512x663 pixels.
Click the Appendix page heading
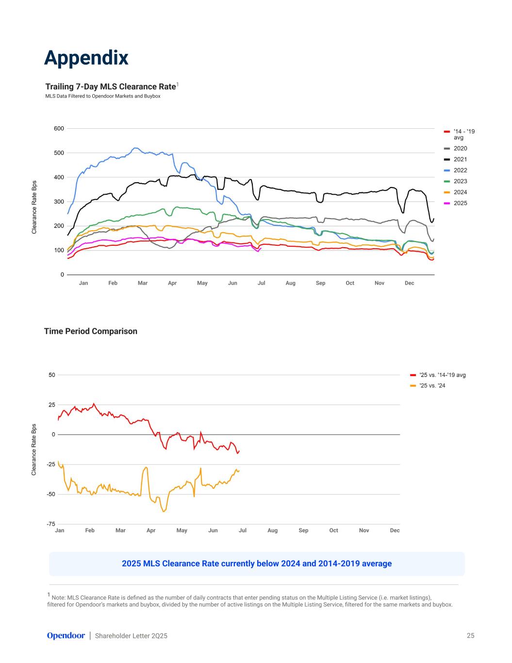[86, 58]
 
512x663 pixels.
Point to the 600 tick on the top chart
[59, 129]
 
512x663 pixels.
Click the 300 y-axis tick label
[59, 202]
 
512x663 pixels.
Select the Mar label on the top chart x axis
[143, 283]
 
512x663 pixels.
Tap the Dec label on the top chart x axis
[409, 283]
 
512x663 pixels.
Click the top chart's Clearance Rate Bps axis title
[34, 207]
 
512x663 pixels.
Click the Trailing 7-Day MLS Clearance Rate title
[111, 86]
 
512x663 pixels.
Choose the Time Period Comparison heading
[91, 331]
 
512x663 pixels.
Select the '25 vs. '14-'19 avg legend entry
[442, 375]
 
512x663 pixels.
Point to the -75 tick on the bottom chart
[51, 524]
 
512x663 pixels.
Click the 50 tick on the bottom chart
[52, 375]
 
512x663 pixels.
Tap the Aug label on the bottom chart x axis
[273, 530]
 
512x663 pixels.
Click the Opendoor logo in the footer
[66, 636]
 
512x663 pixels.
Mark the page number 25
[470, 636]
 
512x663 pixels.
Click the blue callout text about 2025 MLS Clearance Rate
[257, 564]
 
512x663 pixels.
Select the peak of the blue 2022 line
[136, 148]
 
